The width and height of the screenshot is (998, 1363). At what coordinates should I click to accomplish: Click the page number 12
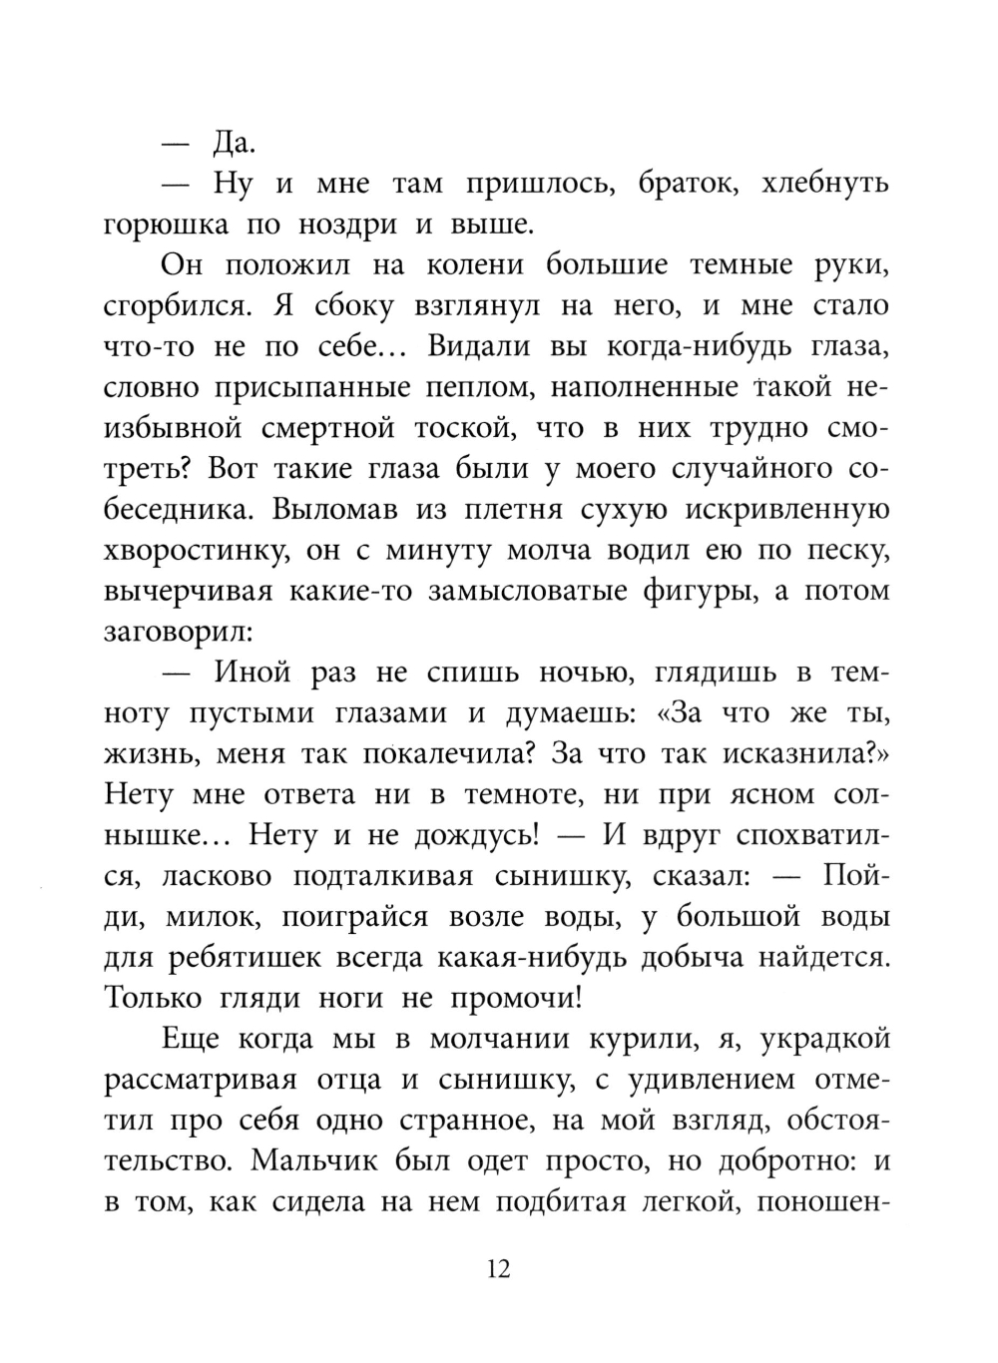pyautogui.click(x=499, y=1269)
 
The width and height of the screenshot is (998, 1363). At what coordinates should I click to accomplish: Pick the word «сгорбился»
pyautogui.click(x=176, y=307)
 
